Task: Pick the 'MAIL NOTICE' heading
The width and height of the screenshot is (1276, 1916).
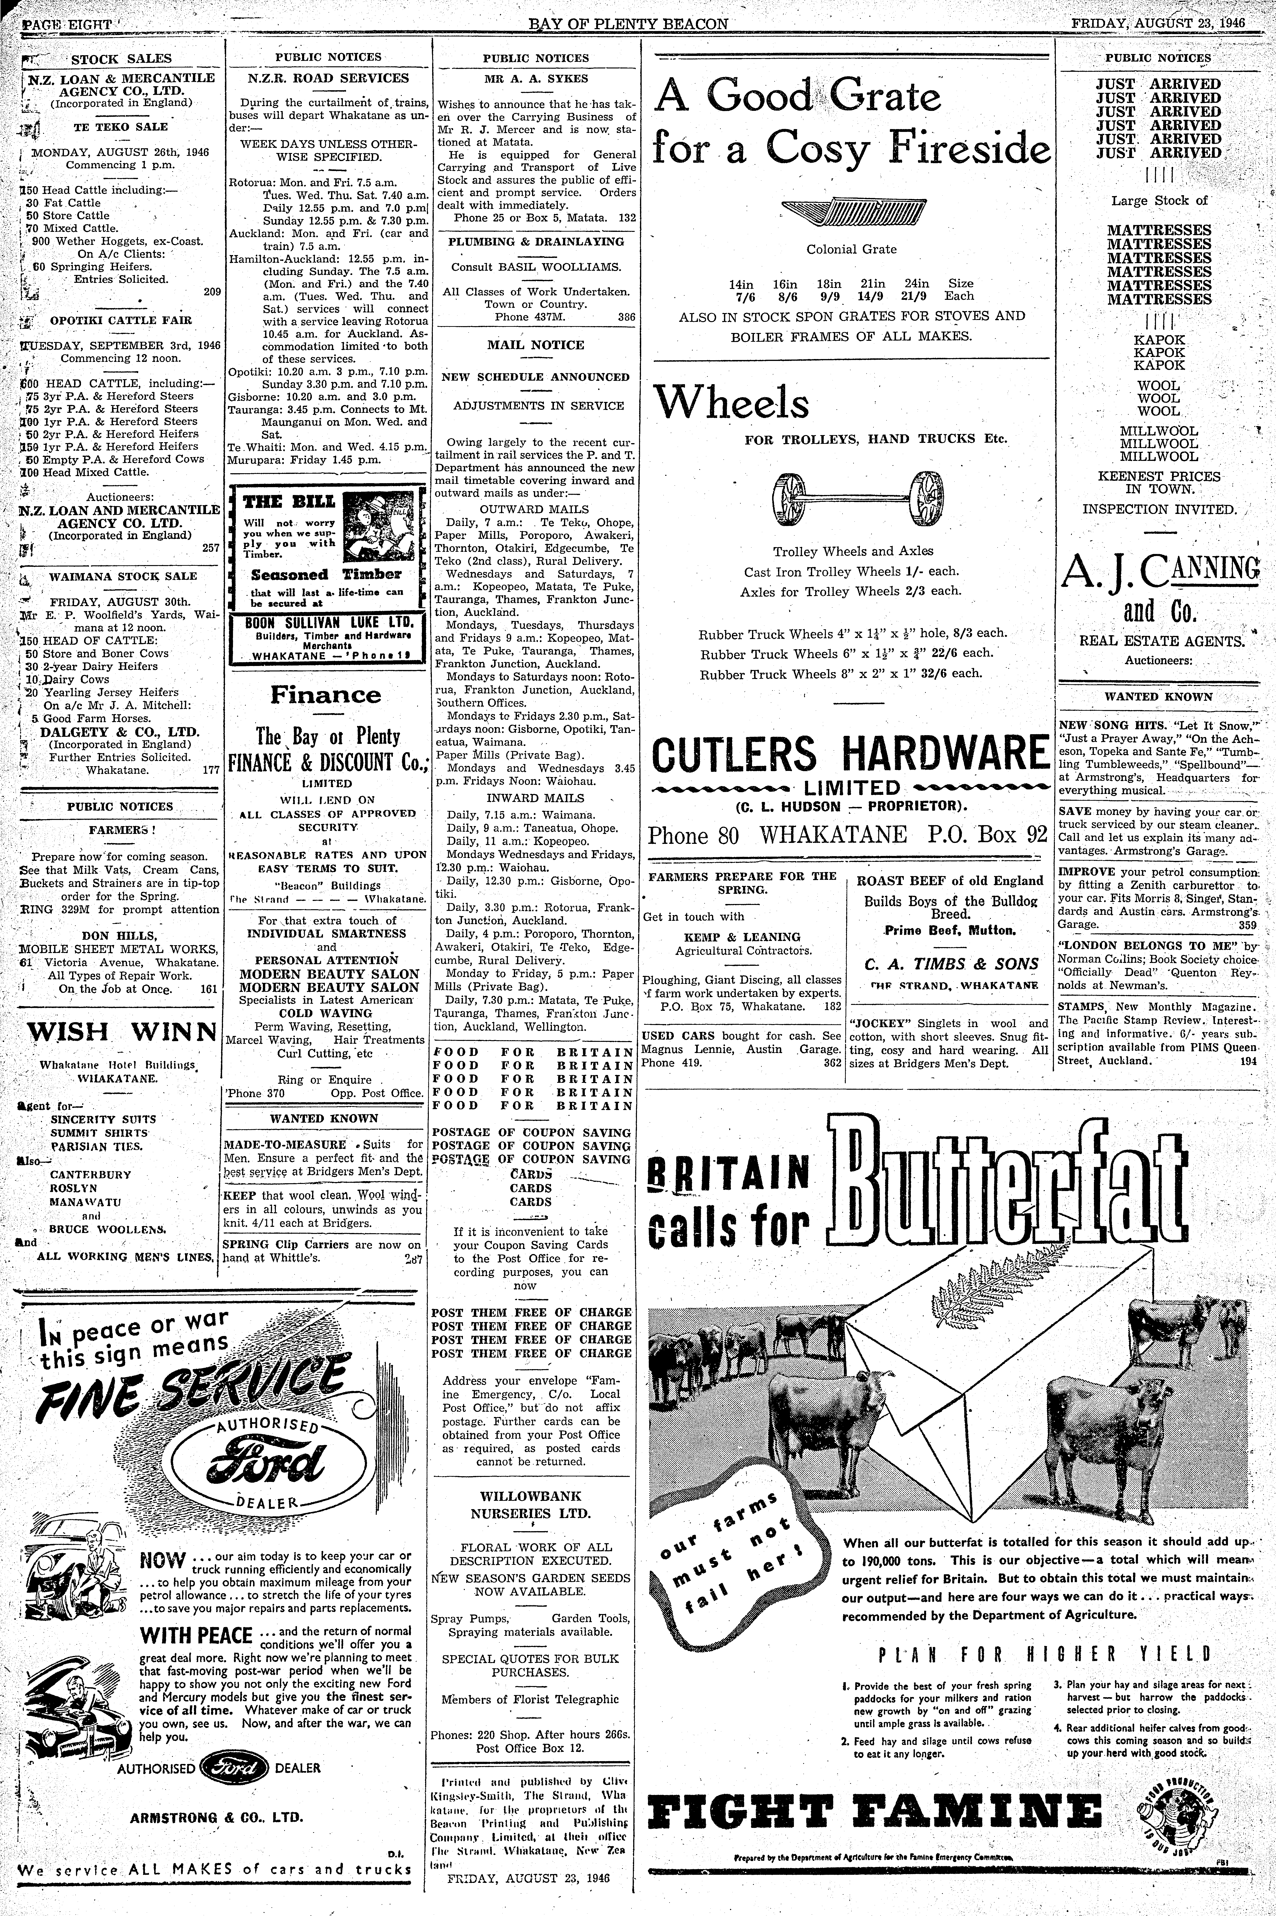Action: click(535, 345)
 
